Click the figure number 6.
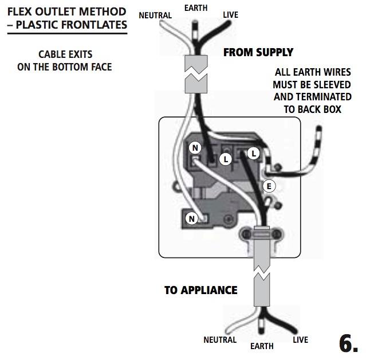click(348, 343)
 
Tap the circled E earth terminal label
click(269, 186)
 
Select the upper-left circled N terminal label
click(195, 148)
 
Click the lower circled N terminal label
click(192, 218)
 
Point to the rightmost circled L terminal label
click(254, 154)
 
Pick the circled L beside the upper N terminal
click(226, 159)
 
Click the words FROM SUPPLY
click(258, 52)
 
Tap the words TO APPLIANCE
click(200, 290)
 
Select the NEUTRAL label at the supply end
click(155, 15)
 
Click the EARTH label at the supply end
click(196, 8)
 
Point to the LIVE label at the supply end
click(231, 15)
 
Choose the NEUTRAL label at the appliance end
click(220, 340)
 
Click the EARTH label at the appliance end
click(262, 346)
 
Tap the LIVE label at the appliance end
click(300, 340)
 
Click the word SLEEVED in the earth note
click(330, 85)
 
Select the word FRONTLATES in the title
click(94, 25)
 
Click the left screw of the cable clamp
click(246, 234)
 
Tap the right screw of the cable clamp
click(277, 234)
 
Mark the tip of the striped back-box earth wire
click(319, 128)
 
